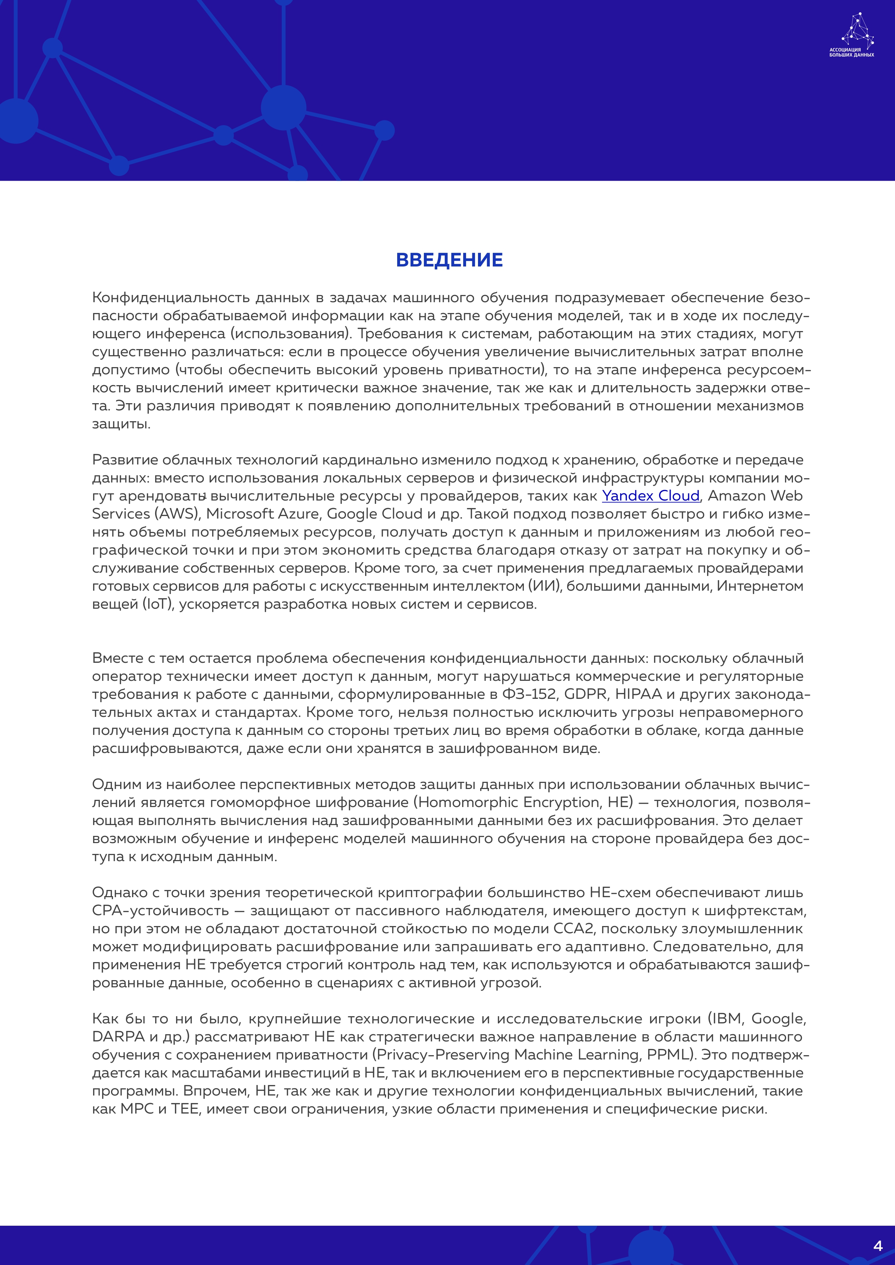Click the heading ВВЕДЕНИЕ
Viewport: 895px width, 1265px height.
(449, 260)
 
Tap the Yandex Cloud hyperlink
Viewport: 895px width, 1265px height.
(650, 496)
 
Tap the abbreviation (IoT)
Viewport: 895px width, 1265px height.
(158, 604)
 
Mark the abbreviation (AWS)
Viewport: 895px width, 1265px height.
(177, 514)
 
